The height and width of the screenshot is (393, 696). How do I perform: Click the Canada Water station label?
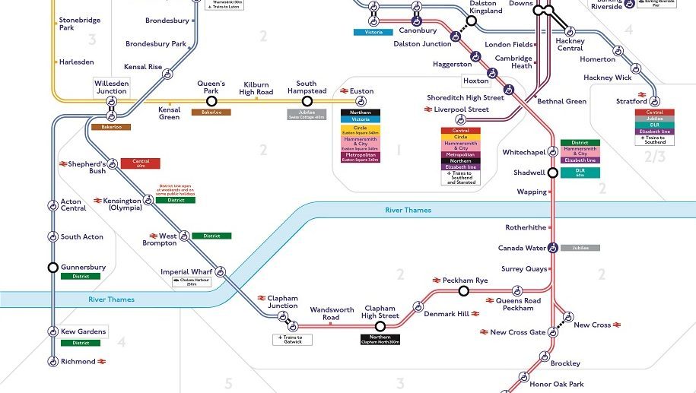[522, 248]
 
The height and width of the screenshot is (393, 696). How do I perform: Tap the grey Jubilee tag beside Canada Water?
[580, 248]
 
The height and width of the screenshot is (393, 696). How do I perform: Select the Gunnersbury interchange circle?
[52, 267]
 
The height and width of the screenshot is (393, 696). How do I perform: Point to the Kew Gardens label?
[84, 331]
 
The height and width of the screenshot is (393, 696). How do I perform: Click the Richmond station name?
[78, 362]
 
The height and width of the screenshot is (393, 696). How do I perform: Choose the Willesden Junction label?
[110, 86]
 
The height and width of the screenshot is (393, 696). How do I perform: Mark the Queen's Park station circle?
[211, 100]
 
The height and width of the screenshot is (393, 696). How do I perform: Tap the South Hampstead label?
[307, 87]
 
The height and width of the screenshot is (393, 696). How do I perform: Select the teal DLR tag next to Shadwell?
[580, 171]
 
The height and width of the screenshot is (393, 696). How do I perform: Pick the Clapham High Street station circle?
[380, 325]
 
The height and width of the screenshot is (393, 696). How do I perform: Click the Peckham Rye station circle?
[463, 290]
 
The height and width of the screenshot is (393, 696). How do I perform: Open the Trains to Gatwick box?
[292, 340]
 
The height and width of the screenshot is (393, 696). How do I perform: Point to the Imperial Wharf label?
[185, 271]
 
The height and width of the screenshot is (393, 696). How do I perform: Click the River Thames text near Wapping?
[408, 210]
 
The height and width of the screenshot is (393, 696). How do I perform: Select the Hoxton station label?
[475, 81]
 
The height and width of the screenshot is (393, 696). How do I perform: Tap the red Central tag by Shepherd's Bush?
[140, 162]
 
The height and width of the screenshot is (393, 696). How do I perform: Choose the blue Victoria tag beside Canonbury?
[373, 32]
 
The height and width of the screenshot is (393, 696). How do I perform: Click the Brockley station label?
[565, 363]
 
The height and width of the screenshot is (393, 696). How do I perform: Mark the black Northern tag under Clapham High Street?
[380, 338]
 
